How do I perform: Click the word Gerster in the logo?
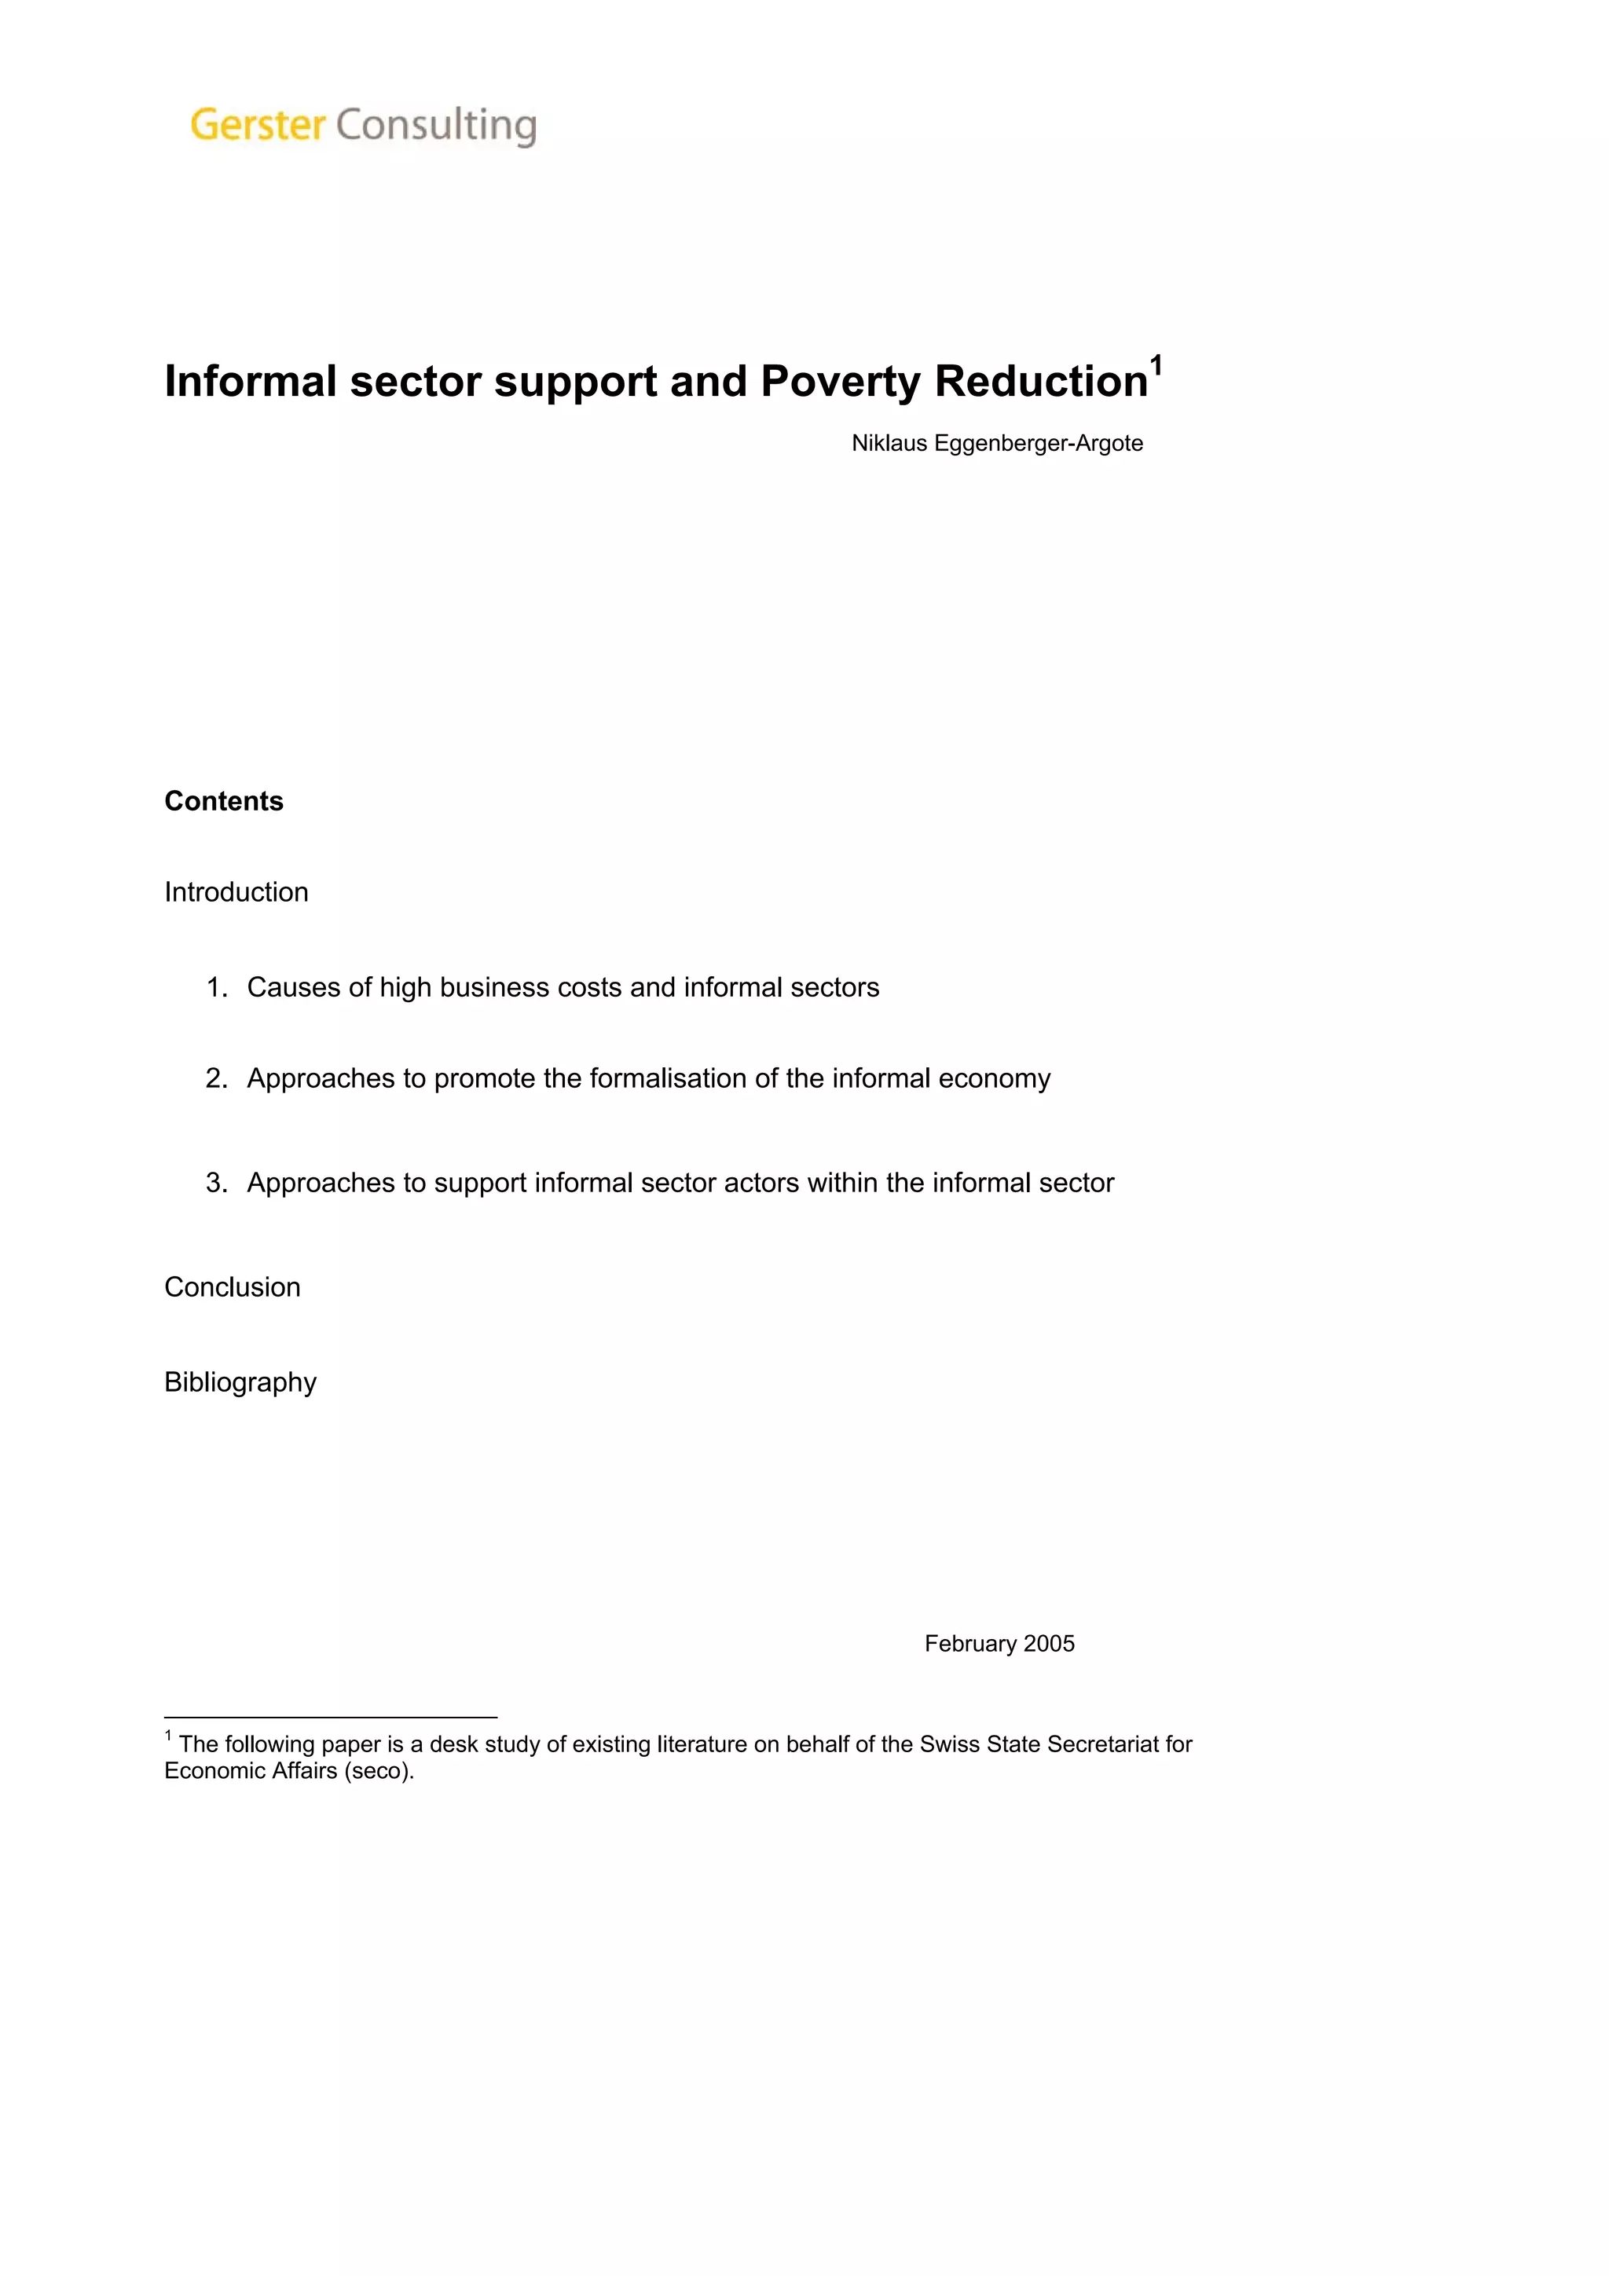(257, 125)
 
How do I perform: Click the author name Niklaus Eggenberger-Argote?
(996, 443)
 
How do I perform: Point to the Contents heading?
(223, 801)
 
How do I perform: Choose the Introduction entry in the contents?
(236, 892)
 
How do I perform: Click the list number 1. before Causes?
(216, 987)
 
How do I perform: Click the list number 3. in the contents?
(216, 1183)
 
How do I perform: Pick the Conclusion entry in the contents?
(232, 1286)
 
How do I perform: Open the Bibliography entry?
(240, 1382)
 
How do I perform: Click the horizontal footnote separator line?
(330, 1717)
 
